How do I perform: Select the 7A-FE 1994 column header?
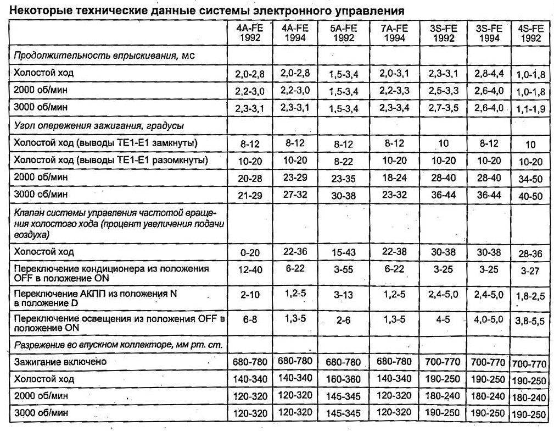394,33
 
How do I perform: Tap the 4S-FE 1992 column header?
530,33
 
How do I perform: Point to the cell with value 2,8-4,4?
489,73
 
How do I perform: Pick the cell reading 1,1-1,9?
530,108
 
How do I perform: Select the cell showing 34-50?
530,179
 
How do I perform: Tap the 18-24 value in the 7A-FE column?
394,178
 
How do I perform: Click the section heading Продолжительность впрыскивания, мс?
104,56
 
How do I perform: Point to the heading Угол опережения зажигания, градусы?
98,126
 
